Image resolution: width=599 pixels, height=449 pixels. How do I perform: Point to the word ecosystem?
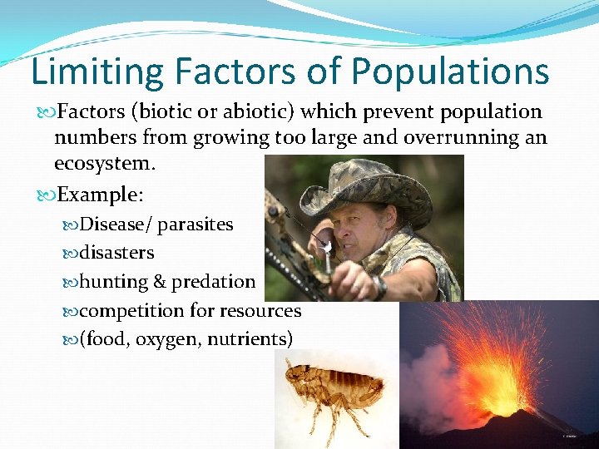click(x=105, y=163)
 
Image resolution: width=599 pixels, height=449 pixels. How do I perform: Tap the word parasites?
click(x=196, y=224)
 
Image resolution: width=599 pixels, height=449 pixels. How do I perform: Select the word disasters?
click(x=117, y=253)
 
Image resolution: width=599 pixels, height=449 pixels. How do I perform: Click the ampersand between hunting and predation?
click(x=159, y=282)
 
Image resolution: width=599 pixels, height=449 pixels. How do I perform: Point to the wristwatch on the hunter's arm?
click(x=379, y=287)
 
